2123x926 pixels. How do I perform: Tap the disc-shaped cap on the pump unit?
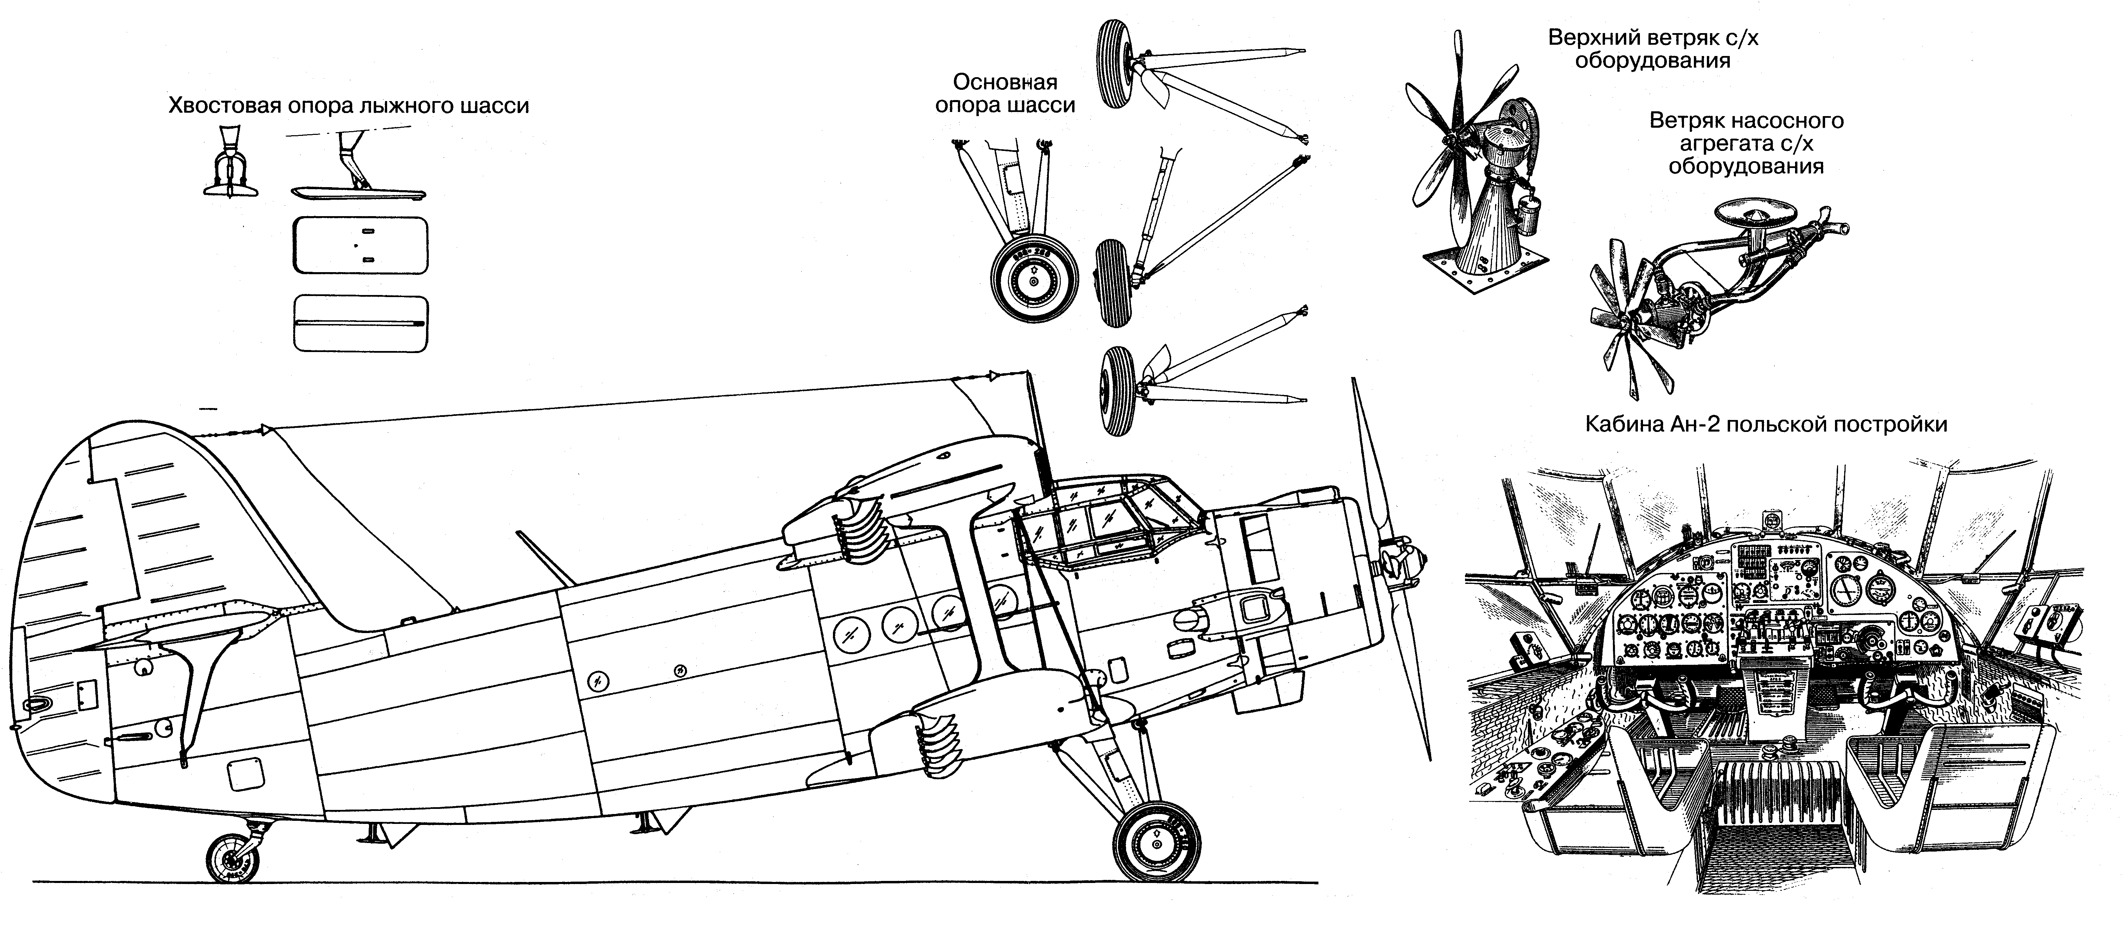[x=1753, y=215]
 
